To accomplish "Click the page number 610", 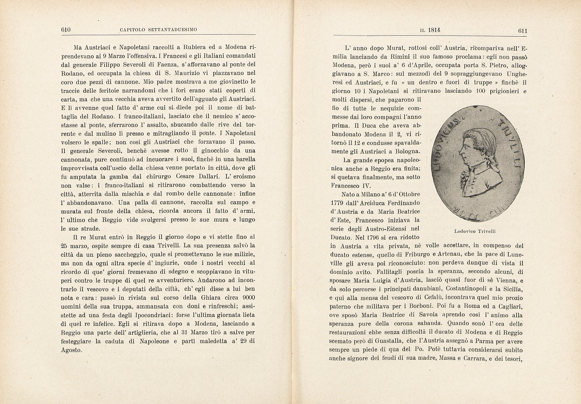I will (x=66, y=30).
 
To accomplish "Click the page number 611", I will (x=522, y=31).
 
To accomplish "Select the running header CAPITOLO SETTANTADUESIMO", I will (x=158, y=30).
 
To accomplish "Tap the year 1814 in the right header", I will (x=434, y=30).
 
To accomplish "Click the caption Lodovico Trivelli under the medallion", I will (x=475, y=231).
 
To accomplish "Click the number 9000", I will (x=249, y=298).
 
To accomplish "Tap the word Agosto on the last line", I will (x=71, y=350).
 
